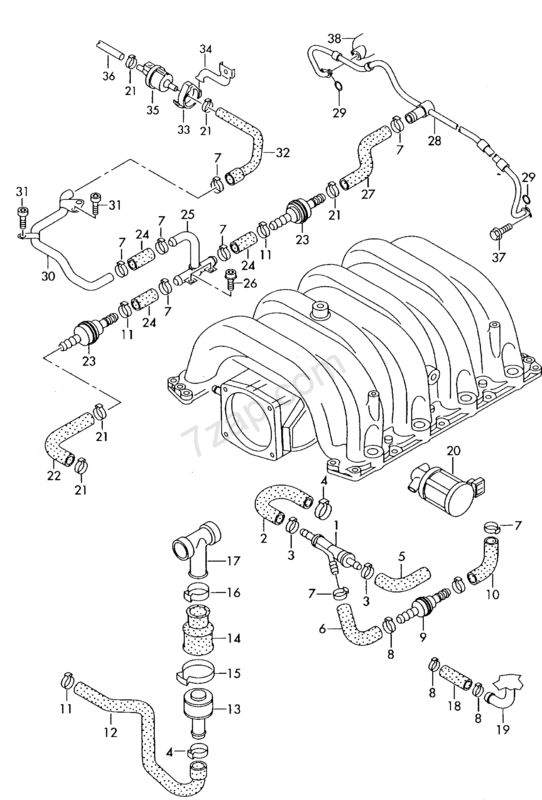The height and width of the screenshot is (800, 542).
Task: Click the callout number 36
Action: [108, 76]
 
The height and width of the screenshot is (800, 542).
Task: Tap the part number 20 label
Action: [453, 451]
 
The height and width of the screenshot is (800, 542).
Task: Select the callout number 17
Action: [233, 561]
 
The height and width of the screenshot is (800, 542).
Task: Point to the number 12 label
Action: [110, 732]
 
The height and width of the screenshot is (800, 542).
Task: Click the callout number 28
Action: [434, 140]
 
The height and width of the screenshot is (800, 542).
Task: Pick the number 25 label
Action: [187, 214]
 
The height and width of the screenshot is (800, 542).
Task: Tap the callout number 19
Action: [503, 730]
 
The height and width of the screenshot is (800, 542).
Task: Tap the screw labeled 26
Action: [230, 280]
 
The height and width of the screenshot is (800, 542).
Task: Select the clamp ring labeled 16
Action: [196, 593]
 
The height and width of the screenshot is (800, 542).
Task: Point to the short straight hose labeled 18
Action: [455, 676]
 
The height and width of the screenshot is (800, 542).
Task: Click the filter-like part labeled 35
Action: [155, 76]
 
